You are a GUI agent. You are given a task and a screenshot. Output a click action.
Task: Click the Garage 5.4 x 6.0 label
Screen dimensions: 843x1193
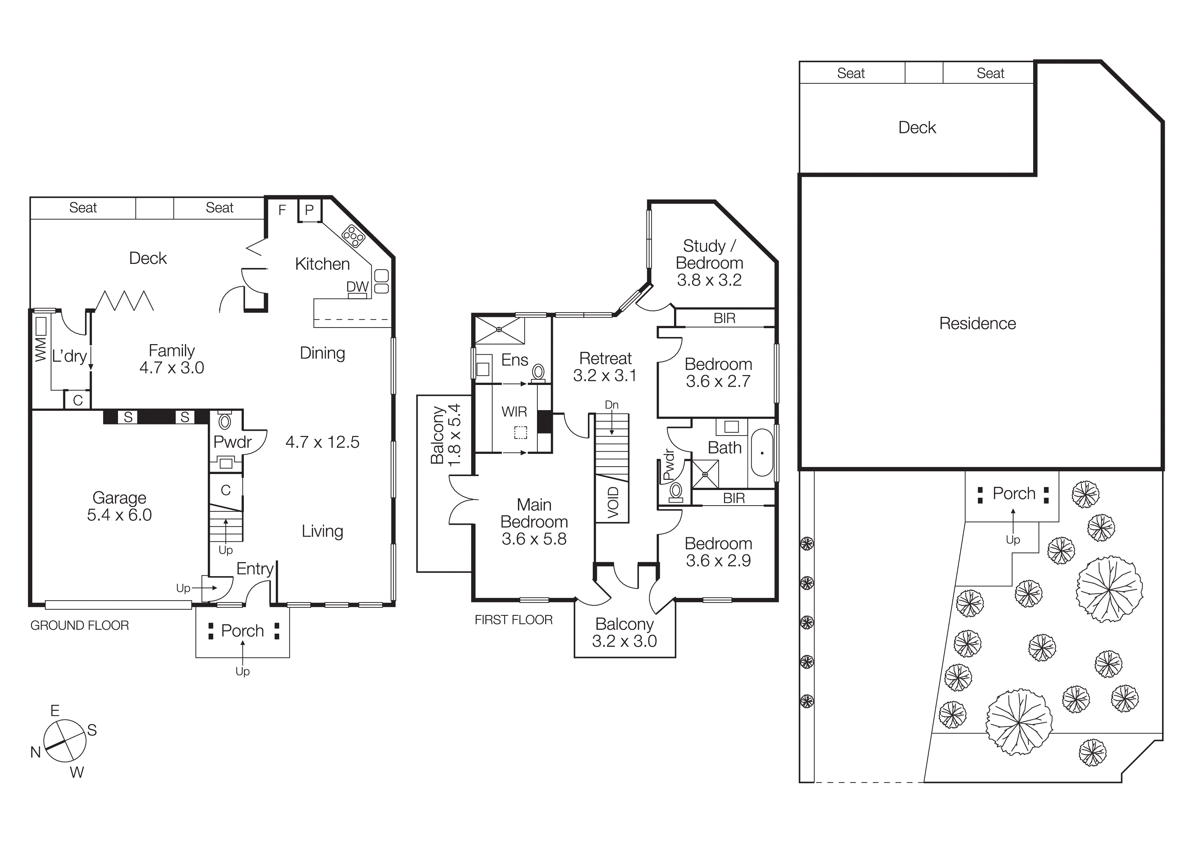coord(119,506)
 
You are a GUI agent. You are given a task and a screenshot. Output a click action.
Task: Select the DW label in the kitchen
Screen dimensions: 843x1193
coord(357,287)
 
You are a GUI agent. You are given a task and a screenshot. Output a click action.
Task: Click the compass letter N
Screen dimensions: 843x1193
coord(35,752)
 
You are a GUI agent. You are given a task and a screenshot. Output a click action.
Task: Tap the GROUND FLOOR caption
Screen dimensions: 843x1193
coord(80,625)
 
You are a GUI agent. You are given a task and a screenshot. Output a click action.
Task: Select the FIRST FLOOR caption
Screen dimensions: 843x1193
coord(514,620)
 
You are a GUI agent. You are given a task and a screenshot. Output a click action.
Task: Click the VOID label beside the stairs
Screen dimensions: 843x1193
coord(613,502)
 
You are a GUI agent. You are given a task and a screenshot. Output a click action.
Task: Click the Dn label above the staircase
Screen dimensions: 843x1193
coord(611,405)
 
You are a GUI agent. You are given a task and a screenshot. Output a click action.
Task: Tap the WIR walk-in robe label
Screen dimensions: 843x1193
coord(514,412)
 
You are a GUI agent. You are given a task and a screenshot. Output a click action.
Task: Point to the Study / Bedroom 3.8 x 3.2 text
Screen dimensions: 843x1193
coord(709,263)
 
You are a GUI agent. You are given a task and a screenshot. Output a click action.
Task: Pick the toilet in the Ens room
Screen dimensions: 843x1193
coord(538,372)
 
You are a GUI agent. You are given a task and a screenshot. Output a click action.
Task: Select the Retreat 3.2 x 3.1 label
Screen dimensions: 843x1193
coord(605,367)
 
